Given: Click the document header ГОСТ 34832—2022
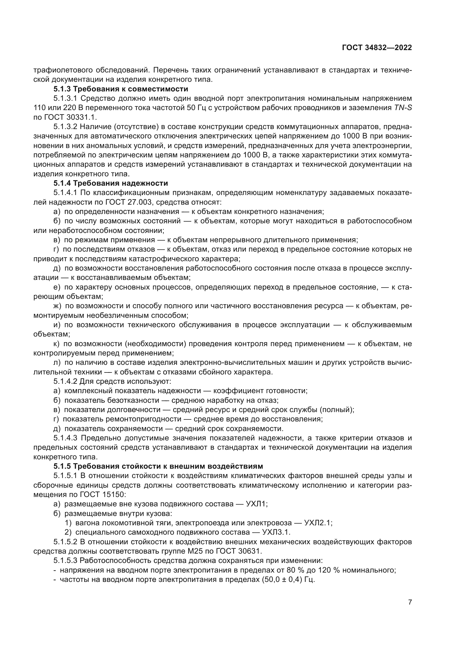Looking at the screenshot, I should click(x=377, y=48).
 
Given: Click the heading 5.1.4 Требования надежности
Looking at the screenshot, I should click(x=110, y=183).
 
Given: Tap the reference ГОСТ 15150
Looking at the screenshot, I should click(x=102, y=494).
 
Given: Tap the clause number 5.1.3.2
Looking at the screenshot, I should click(x=65, y=127).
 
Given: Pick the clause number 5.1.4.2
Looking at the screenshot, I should click(x=65, y=382).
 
